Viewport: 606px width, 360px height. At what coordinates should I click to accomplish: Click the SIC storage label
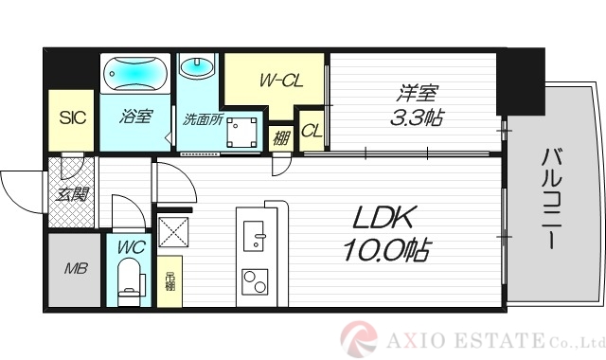tap(71, 118)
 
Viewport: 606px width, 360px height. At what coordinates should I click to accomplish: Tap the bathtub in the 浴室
tap(136, 73)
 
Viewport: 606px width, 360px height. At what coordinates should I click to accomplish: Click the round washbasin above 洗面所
tap(197, 70)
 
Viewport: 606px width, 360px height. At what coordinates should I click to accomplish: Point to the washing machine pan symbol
tap(245, 131)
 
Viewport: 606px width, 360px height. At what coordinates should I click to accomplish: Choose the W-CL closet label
tap(281, 81)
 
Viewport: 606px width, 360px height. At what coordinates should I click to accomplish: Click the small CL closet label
tap(312, 131)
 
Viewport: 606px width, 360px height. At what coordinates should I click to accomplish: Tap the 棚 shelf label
tap(280, 137)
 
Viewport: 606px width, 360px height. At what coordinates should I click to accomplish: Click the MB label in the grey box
tap(74, 268)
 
